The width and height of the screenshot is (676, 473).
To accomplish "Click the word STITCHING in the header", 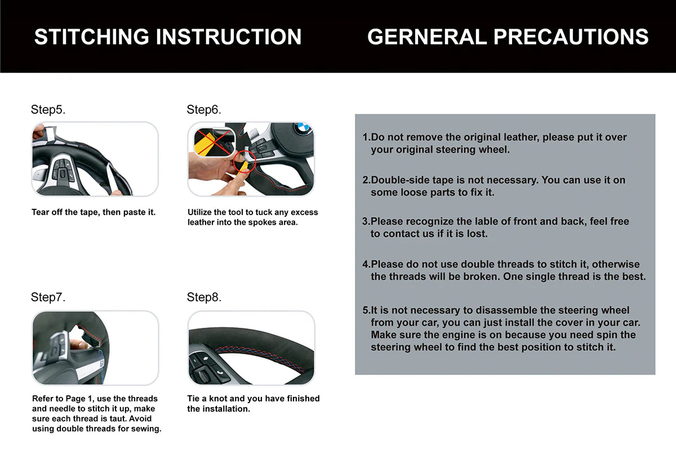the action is click(92, 37).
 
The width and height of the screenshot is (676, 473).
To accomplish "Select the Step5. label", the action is click(48, 109).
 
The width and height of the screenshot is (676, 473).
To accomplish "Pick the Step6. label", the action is click(204, 109).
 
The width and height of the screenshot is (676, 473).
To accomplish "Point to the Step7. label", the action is click(48, 297).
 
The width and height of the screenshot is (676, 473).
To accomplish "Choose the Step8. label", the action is click(204, 297).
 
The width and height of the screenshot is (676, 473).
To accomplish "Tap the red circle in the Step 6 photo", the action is click(244, 162).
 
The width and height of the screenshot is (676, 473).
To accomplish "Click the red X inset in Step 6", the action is click(214, 142).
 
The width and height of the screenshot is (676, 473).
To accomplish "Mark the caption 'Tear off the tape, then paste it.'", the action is click(94, 212).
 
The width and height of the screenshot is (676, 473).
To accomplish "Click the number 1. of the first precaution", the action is click(366, 137).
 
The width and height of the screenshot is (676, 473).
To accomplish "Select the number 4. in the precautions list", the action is click(366, 264).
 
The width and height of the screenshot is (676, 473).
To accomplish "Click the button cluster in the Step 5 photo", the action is click(63, 171).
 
